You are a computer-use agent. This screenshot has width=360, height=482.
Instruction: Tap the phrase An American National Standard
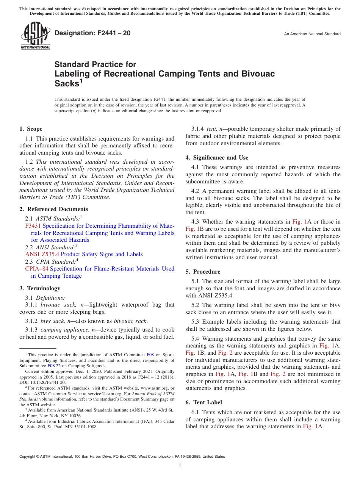(312, 34)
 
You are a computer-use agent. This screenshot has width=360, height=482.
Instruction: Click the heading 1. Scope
(31, 129)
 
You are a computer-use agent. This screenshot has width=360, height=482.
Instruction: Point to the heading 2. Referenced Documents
(54, 209)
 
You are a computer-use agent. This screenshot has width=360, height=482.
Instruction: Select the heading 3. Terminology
(40, 288)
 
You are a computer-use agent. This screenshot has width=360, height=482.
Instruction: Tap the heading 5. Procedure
(203, 272)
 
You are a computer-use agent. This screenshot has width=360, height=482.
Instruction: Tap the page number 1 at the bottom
(180, 466)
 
